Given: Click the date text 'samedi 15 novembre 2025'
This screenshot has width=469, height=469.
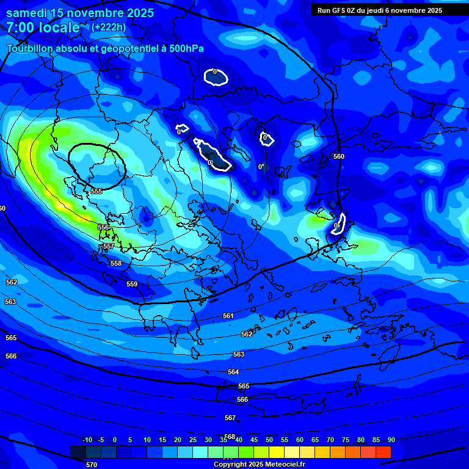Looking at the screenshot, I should point(80,13).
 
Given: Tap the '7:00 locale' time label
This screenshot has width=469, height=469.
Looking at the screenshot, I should point(43,27).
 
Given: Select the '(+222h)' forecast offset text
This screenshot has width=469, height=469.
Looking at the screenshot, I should point(109,27).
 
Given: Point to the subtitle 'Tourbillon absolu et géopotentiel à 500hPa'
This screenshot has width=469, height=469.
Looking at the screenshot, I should point(106,48).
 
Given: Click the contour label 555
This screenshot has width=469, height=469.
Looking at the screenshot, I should point(96,191).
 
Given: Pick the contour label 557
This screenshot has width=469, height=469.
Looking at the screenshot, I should point(108,246).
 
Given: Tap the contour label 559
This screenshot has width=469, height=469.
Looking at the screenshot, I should point(132,284).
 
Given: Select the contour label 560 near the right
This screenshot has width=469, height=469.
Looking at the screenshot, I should point(339,156).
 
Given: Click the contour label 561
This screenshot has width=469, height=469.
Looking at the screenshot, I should point(228,316).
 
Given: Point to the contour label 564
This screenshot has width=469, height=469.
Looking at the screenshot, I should point(233,372).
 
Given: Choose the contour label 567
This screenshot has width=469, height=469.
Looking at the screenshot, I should point(230,418).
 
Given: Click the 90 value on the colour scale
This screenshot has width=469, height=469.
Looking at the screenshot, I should point(391,440).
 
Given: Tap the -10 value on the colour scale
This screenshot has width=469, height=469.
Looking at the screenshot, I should point(87,440).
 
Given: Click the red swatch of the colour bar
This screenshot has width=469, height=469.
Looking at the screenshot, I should point(383,452).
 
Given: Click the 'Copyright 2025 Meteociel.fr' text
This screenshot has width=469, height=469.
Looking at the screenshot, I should point(259,464).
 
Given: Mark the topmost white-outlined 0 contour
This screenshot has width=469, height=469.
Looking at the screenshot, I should point(216,76).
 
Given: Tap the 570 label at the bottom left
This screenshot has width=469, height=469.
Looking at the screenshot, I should point(92,465).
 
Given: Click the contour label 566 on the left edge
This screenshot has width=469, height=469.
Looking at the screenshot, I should point(11,356).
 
